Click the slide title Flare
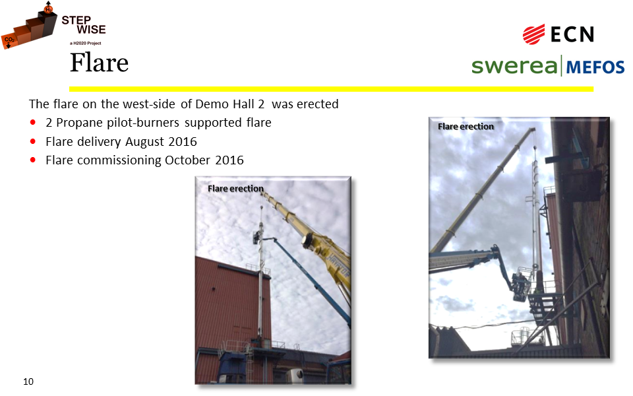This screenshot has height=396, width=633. [100, 63]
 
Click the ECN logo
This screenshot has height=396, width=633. [558, 34]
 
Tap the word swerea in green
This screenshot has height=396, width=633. [514, 66]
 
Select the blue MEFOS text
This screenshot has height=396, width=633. [595, 67]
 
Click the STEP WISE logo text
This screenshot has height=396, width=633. [84, 24]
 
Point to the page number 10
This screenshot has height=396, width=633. [28, 381]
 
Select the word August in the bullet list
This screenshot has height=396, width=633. [144, 142]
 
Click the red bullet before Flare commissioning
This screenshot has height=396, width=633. [33, 160]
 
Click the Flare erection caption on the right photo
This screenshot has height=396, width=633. [466, 127]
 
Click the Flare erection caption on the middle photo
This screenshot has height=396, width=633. [236, 188]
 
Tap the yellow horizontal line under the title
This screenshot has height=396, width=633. [331, 89]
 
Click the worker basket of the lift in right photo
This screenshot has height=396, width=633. [522, 287]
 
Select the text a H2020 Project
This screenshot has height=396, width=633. [86, 44]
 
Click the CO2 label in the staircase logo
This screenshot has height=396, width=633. [9, 40]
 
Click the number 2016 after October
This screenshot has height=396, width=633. [229, 160]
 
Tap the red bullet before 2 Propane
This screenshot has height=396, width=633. [33, 123]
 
